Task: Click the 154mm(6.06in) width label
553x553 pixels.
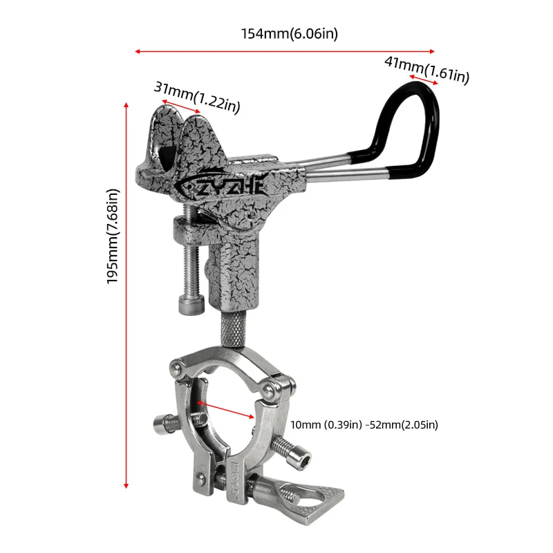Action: [x=289, y=33]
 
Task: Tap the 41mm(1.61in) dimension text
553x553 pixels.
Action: [x=427, y=69]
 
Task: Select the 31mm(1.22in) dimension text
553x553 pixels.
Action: [x=197, y=97]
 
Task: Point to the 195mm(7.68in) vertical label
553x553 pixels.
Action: [x=114, y=236]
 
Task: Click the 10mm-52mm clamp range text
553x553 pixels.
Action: [x=364, y=424]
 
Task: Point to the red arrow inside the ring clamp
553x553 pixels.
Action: [x=225, y=409]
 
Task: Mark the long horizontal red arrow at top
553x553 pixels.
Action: [x=285, y=51]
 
